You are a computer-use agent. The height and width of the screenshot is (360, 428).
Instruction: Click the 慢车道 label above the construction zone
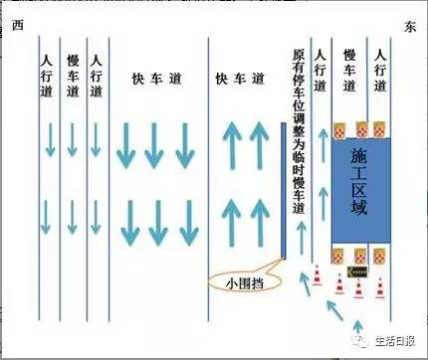point(349,69)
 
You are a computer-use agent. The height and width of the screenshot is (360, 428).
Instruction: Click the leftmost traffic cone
point(316,277)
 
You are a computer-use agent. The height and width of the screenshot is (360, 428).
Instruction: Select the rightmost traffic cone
point(382,288)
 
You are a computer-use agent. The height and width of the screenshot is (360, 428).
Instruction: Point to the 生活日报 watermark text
point(394,341)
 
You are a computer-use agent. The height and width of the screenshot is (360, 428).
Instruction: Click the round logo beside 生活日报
point(355,341)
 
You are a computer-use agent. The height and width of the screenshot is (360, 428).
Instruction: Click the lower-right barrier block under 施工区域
point(383,254)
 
